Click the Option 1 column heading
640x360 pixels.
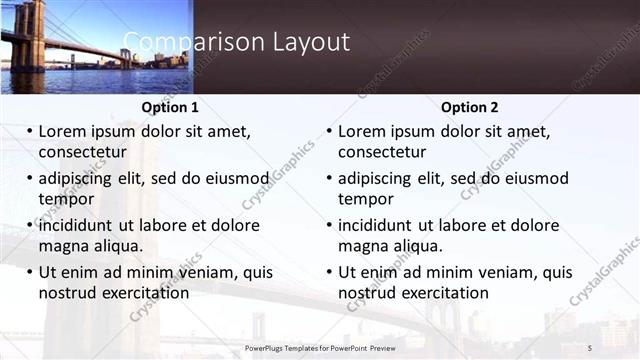[170, 107]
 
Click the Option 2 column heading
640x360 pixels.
[469, 107]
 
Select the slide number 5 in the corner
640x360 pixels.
[590, 347]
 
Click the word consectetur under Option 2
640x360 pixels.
[382, 152]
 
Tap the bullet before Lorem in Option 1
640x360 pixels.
[30, 131]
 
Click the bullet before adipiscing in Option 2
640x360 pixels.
[330, 178]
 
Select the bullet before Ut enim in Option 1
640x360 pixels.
[30, 272]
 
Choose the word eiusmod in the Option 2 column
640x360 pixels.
[536, 178]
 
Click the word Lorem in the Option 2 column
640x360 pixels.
[361, 131]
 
